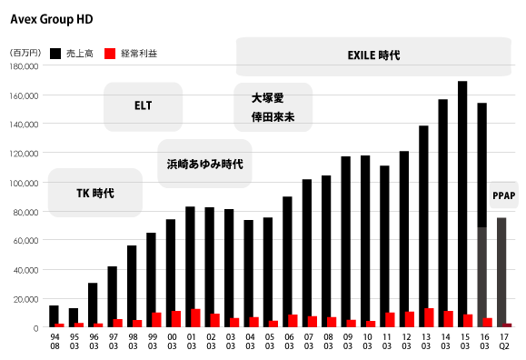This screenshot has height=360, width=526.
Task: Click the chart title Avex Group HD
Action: pyautogui.click(x=51, y=18)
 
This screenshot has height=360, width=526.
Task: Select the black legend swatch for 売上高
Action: pyautogui.click(x=56, y=54)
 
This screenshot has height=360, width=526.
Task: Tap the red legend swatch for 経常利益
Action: pyautogui.click(x=110, y=54)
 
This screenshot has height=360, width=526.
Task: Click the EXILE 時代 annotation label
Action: pyautogui.click(x=373, y=55)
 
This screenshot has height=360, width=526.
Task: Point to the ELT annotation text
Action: pyautogui.click(x=143, y=105)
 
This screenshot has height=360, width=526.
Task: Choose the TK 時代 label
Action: pyautogui.click(x=94, y=193)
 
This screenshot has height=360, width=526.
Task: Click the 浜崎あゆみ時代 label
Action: pyautogui.click(x=204, y=165)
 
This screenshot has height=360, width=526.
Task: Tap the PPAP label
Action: pyautogui.click(x=503, y=195)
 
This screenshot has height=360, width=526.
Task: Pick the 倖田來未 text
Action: pyautogui.click(x=273, y=117)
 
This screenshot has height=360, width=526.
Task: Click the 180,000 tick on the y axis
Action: pyautogui.click(x=24, y=66)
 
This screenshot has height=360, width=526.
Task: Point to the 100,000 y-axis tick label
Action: pyautogui.click(x=24, y=183)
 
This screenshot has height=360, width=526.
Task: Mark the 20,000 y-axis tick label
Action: pyautogui.click(x=25, y=299)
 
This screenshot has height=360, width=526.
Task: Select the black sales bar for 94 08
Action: pyautogui.click(x=54, y=315)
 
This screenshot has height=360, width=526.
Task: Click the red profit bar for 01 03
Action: pyautogui.click(x=195, y=317)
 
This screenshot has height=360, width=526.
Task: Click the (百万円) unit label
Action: pyautogui.click(x=25, y=54)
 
